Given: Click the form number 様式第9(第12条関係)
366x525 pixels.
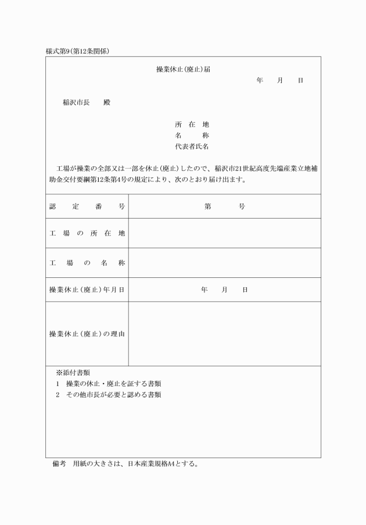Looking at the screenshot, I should click(x=78, y=51).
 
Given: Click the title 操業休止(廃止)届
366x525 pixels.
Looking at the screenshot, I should click(x=183, y=69).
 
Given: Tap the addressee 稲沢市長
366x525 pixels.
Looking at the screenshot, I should click(x=76, y=103).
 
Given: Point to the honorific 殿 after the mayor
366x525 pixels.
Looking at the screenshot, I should click(x=107, y=103).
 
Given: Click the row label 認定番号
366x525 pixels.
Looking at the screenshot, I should click(x=87, y=206).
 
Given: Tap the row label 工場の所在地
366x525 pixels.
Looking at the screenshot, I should click(x=87, y=233).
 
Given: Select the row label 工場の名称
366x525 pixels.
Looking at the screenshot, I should click(x=87, y=263).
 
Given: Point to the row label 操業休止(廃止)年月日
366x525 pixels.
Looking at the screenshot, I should click(x=87, y=290).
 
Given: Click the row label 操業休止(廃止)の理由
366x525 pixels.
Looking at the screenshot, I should click(x=87, y=334).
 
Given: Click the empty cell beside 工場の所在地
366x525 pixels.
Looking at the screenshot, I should click(x=224, y=233).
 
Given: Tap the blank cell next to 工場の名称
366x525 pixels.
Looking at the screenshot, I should click(x=224, y=263).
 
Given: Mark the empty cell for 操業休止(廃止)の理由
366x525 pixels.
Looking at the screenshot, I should click(x=224, y=334).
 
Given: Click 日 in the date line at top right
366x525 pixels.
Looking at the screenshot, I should click(x=300, y=80).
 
